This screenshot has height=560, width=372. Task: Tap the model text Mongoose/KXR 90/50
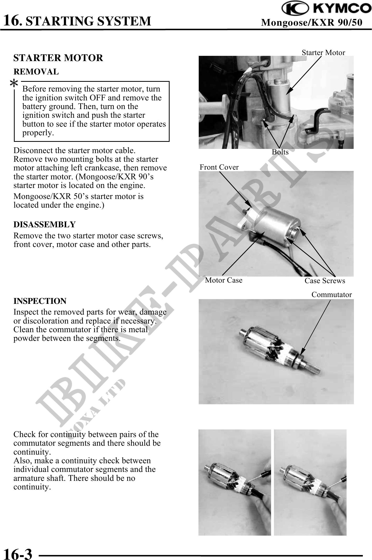(x=312, y=23)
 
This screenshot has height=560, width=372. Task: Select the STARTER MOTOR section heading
(x=58, y=58)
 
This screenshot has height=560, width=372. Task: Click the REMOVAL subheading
(x=36, y=72)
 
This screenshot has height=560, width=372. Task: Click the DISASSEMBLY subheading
(x=45, y=225)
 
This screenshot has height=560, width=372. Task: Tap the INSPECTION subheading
(x=40, y=301)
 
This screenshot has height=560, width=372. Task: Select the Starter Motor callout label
(x=323, y=53)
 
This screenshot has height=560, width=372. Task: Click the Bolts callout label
(x=280, y=152)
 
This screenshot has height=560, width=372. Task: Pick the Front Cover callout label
(x=219, y=167)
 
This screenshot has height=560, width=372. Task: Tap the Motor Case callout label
(x=224, y=280)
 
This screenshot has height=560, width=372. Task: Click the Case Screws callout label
(x=325, y=281)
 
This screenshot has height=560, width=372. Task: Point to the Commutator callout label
(x=331, y=295)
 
